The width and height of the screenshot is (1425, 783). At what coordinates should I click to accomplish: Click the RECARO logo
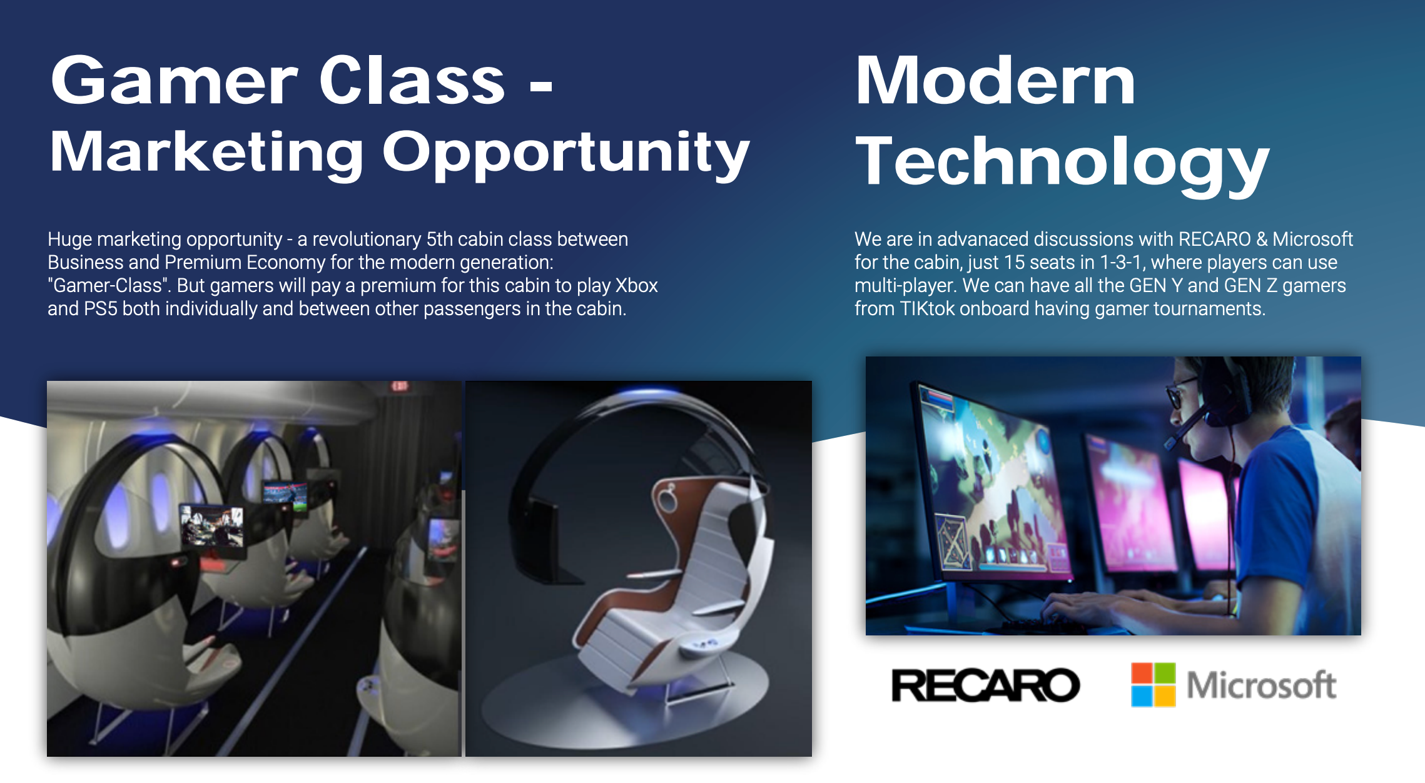point(985,685)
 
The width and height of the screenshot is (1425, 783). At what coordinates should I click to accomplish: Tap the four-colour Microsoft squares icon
point(1153,684)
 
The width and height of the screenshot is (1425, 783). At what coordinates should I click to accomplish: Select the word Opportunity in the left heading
point(565,153)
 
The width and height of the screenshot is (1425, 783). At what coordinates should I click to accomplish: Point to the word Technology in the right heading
point(1062,163)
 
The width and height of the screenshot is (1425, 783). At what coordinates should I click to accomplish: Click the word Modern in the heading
point(995,81)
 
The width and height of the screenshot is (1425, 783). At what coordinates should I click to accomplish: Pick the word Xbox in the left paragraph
point(636,285)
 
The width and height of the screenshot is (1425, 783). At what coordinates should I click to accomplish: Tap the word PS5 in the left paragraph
point(100,308)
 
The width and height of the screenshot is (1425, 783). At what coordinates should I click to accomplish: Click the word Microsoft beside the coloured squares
point(1261,685)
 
